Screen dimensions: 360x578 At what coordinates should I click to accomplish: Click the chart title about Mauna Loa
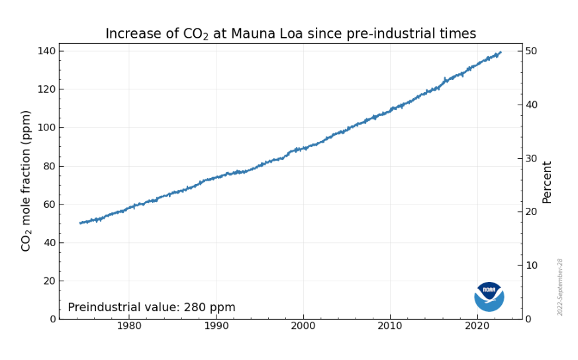click(291, 34)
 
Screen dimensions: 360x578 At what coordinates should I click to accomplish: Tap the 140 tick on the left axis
click(47, 51)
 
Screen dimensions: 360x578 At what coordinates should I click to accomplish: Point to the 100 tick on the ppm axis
click(47, 128)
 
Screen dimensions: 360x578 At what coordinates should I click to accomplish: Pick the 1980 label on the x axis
click(129, 326)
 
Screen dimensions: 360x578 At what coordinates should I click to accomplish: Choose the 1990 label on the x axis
click(216, 326)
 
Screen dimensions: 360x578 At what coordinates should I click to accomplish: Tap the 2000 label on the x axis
click(303, 326)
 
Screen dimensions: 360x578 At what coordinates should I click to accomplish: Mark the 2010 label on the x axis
click(390, 326)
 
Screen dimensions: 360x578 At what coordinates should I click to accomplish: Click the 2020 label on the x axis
click(477, 326)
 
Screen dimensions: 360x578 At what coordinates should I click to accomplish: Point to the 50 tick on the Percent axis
click(532, 51)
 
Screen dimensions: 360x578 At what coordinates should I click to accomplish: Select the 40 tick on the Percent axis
click(532, 105)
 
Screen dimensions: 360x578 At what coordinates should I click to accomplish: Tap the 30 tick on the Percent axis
click(532, 158)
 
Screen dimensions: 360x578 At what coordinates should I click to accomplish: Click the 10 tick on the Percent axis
click(532, 265)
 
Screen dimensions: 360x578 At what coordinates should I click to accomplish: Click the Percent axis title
click(547, 182)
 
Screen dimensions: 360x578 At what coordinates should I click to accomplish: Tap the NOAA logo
click(489, 296)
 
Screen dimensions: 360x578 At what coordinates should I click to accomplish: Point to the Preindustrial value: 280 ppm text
click(152, 308)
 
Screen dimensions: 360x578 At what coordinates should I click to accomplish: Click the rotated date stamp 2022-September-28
click(560, 287)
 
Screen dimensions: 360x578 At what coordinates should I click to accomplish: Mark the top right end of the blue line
click(501, 52)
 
